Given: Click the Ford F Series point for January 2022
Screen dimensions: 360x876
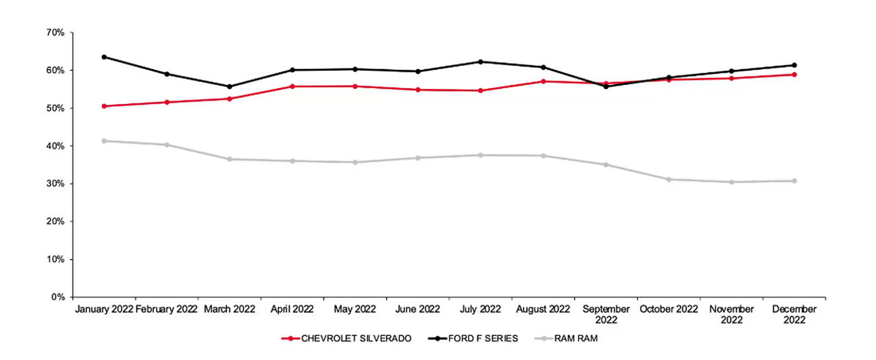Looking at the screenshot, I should coord(104,57).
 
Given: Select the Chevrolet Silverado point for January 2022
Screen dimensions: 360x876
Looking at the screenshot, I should coord(104,106).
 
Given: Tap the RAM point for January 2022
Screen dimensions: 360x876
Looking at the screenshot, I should coord(104,141).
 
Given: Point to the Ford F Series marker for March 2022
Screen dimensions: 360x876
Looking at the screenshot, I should coord(229,87).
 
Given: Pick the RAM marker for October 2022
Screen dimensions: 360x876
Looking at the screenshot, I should coord(669,179).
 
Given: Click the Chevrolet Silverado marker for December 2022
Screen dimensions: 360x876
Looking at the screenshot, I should coord(795,75).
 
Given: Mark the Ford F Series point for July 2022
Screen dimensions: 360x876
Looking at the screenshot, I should coord(480,62).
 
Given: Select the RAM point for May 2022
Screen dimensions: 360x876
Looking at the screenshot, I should coord(355,162).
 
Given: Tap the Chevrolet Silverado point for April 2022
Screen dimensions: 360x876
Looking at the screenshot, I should coord(292,86).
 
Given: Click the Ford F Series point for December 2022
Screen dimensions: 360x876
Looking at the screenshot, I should coord(795,65).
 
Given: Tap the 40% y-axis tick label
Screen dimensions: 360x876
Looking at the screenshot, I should coord(55,146).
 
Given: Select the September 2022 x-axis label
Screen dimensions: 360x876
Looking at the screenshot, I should coord(606,314).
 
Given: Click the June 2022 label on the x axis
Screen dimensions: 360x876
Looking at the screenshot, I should coord(417,309).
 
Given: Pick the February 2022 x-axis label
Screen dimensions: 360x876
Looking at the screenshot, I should coord(166,309).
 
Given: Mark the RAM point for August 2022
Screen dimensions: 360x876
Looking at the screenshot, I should coord(543,156).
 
